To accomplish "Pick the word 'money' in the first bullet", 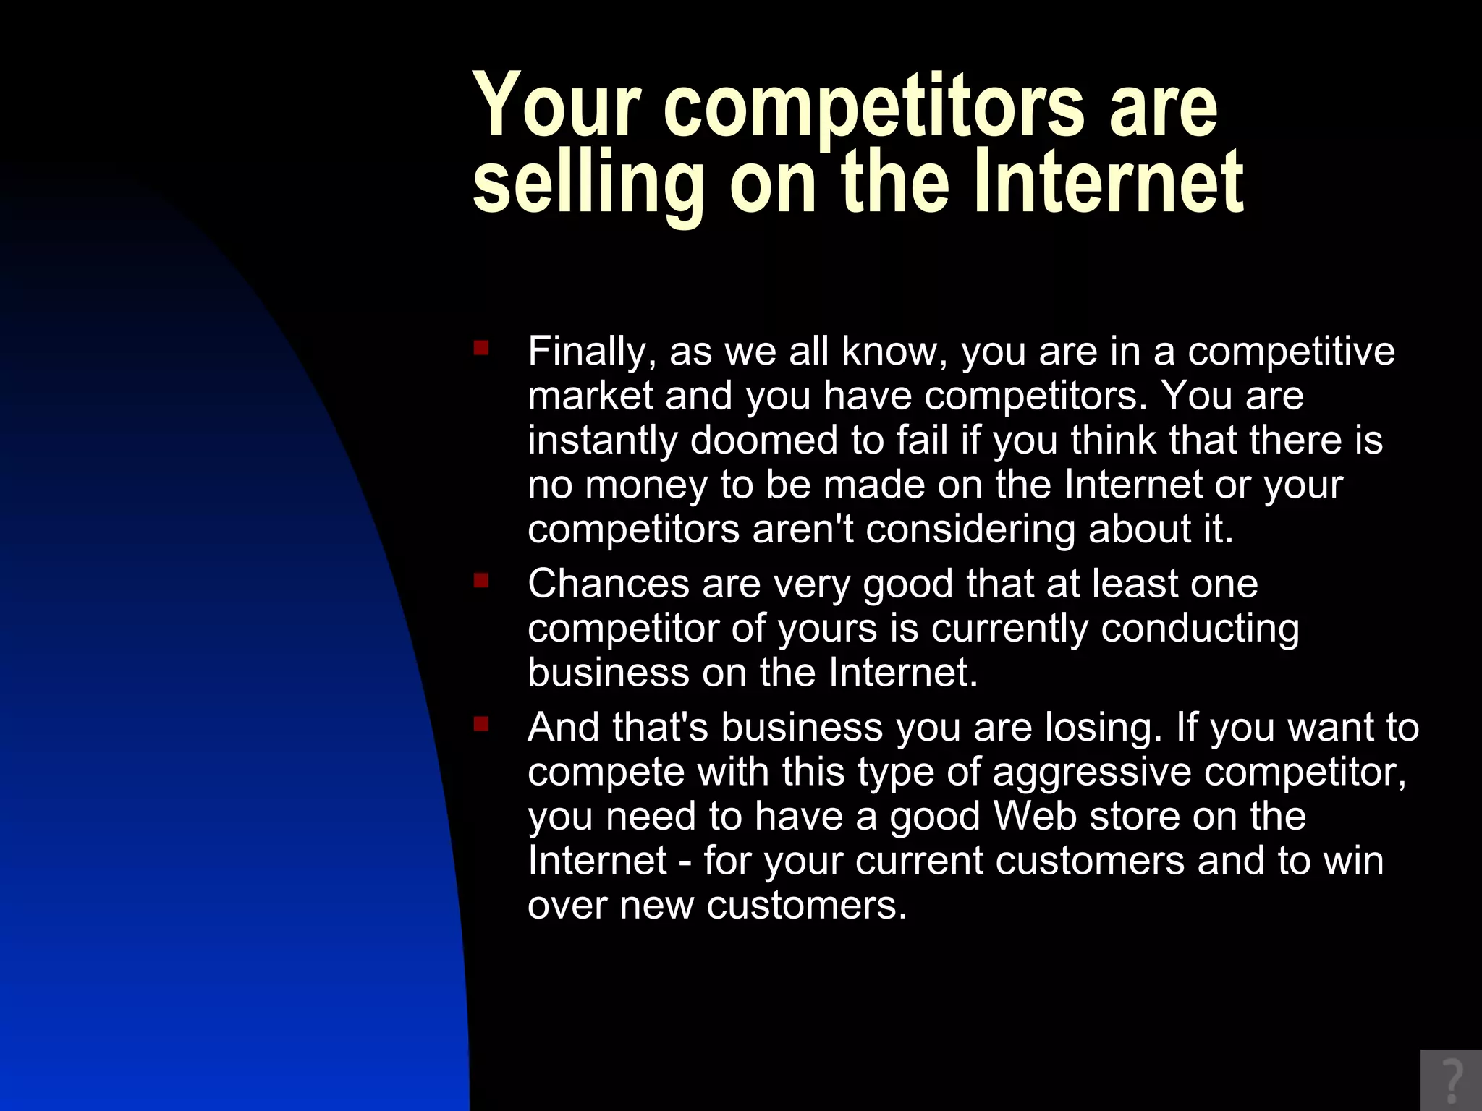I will click(x=646, y=485).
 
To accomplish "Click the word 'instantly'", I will click(x=602, y=440).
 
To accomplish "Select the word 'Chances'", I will click(x=608, y=583).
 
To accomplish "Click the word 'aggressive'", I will click(x=1091, y=772).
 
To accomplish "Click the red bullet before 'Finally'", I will click(x=481, y=349).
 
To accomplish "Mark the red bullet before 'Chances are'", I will click(x=481, y=580).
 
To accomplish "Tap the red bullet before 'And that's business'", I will click(x=481, y=724).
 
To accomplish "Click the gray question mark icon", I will click(x=1451, y=1080).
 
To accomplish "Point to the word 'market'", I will click(x=590, y=396).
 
